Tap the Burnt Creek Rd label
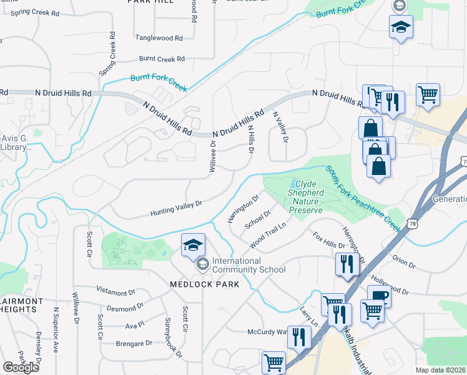pos(162,59)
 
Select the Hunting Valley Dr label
pos(177,209)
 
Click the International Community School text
pos(248,265)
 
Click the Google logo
pos(21,367)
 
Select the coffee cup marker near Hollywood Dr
pos(378,296)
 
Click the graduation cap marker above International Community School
pos(194,245)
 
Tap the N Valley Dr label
pos(280,127)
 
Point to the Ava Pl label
pos(135,325)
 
